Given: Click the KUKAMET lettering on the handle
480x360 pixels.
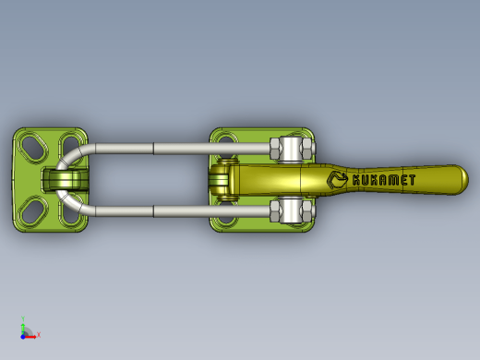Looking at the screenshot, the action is (x=384, y=180).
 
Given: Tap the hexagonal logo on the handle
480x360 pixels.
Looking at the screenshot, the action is (x=337, y=180).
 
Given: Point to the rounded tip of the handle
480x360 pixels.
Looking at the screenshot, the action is (x=464, y=180).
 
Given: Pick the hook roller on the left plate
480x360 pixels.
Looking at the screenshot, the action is (x=66, y=180).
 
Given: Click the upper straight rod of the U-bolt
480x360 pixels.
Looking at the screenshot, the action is (x=182, y=149).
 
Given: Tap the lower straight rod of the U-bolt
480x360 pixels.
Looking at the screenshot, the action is (x=182, y=211).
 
